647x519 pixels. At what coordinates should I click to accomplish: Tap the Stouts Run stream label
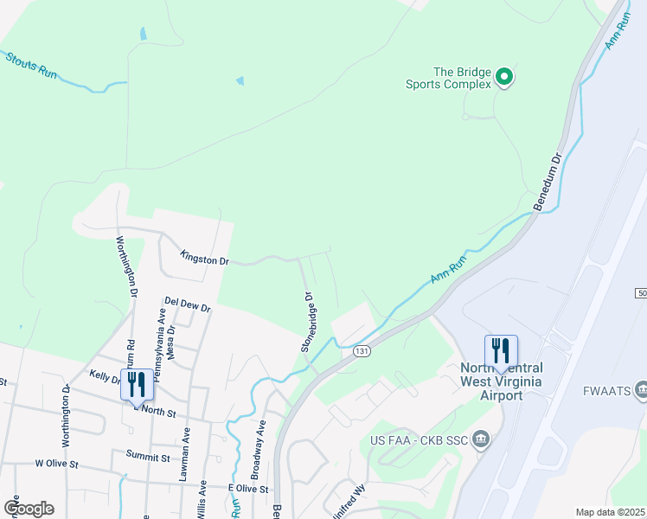31,66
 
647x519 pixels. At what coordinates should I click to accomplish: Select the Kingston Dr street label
204,258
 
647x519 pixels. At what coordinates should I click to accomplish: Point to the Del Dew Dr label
187,304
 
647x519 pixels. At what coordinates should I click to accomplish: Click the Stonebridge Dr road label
306,322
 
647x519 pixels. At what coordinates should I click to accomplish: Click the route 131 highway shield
362,350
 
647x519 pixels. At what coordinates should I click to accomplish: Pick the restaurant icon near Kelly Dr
137,384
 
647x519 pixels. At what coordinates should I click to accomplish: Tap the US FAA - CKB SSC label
419,441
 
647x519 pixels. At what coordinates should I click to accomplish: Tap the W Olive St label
56,465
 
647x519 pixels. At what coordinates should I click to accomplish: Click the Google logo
29,509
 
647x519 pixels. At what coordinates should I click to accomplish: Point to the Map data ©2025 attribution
609,512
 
